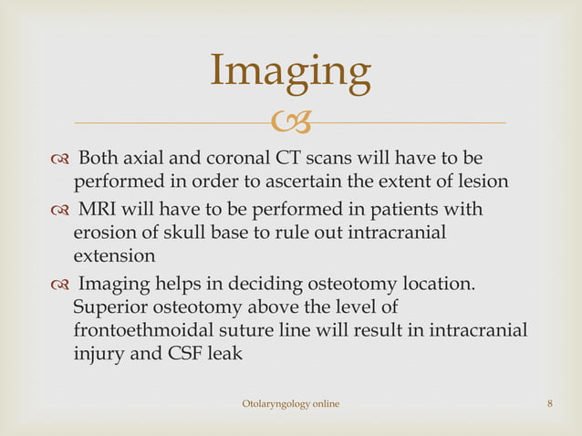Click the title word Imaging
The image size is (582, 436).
pyautogui.click(x=290, y=72)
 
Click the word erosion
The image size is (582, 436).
pyautogui.click(x=104, y=235)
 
